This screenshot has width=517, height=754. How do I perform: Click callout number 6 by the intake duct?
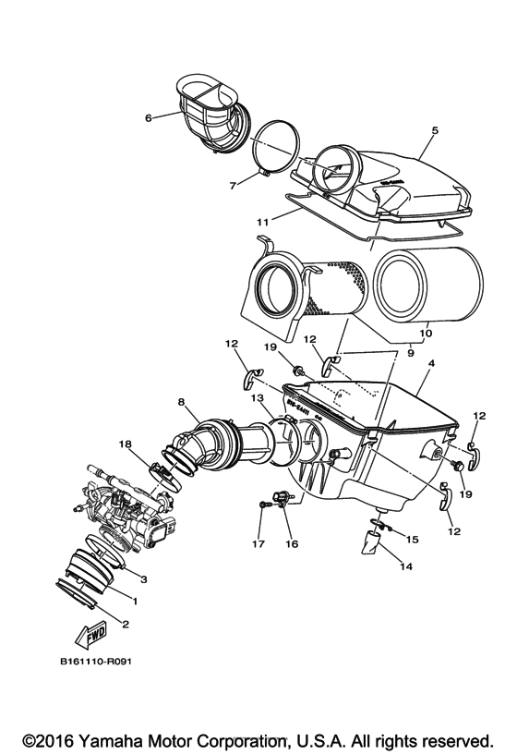point(148,117)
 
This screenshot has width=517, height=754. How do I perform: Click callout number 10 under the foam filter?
point(426,334)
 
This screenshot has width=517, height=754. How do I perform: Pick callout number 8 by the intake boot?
point(182,402)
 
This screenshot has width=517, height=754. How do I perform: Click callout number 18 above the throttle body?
point(124,444)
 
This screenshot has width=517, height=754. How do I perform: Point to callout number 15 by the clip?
point(413,538)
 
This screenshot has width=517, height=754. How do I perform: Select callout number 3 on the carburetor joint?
point(143,578)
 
